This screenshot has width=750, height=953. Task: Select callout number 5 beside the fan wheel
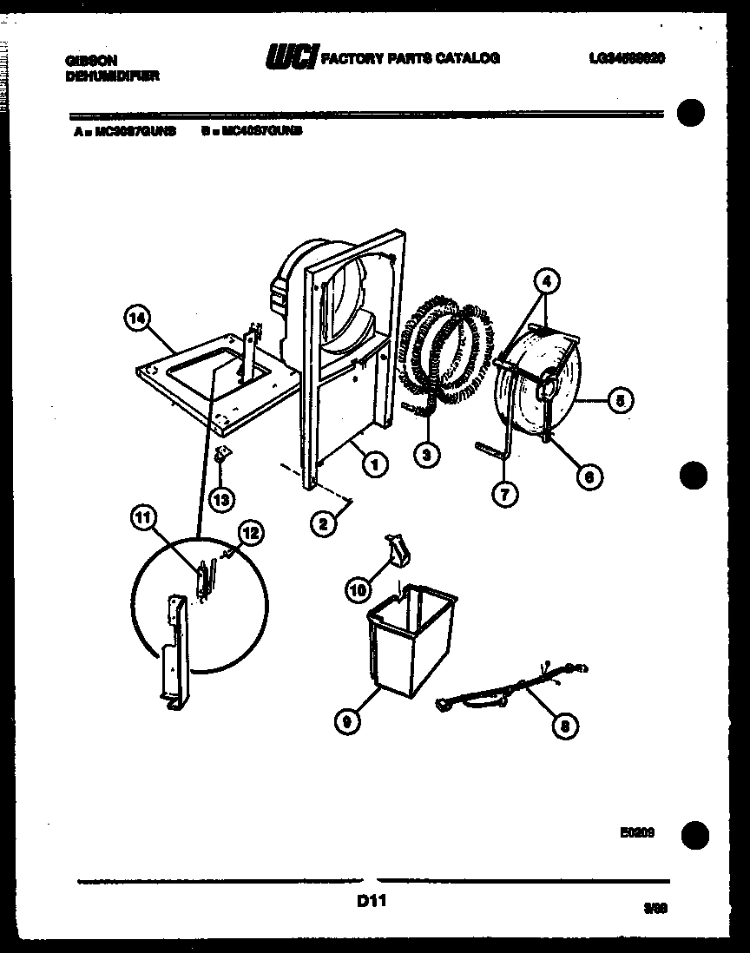coord(620,400)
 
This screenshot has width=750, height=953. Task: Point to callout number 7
coord(504,493)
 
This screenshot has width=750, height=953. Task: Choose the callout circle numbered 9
coord(347,719)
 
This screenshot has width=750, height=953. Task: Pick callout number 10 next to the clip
coord(358,590)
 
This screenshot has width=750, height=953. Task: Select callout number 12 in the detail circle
coord(250,535)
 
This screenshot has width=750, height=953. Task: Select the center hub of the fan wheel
coord(549,388)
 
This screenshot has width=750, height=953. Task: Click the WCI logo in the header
coord(293,57)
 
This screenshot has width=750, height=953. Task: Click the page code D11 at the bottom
coord(371,902)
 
